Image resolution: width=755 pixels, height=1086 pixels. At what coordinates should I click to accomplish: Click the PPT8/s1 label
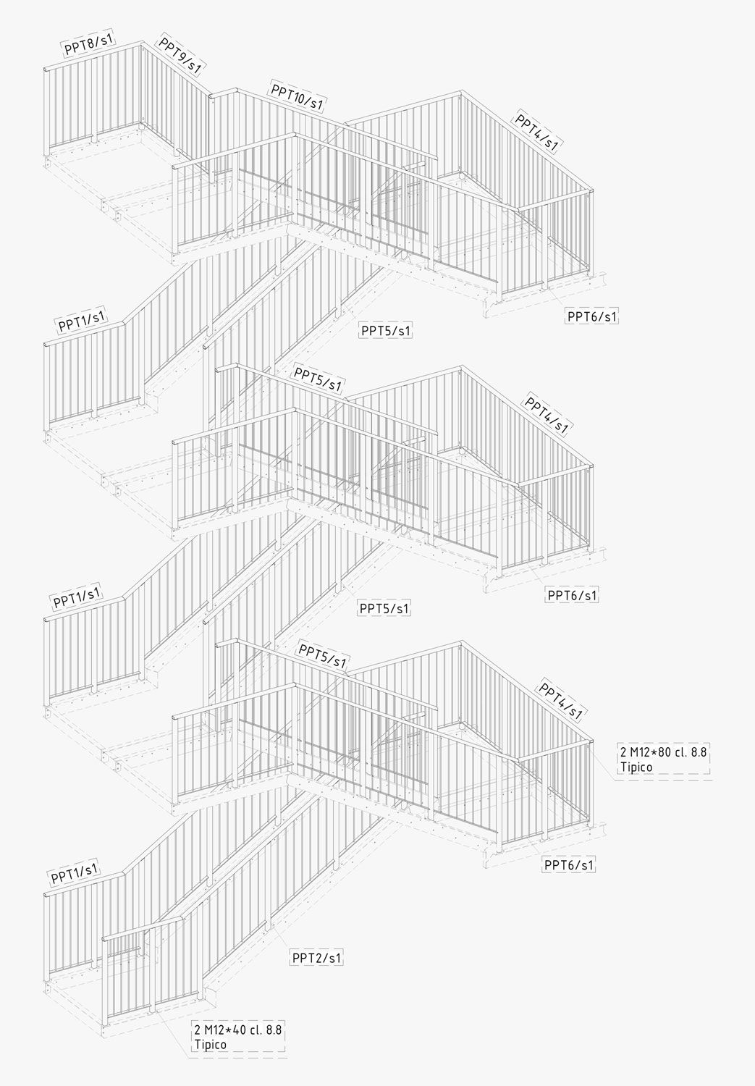coord(89,45)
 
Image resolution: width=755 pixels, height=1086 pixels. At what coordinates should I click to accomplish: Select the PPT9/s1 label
coord(180,55)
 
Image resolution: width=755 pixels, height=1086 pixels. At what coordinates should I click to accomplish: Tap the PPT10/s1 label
coord(297,96)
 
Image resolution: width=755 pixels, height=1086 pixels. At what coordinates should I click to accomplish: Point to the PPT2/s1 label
coord(317,958)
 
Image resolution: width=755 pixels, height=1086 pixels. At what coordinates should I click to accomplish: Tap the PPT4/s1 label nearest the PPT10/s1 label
coord(536,131)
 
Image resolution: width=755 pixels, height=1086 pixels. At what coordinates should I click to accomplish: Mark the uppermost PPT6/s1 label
coord(592,316)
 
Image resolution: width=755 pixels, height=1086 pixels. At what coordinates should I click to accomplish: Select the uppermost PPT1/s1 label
coord(81,321)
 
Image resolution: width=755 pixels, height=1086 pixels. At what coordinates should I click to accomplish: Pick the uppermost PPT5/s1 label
coord(387,331)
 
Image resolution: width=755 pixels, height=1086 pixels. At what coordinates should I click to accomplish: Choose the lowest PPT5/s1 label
coord(323,657)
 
